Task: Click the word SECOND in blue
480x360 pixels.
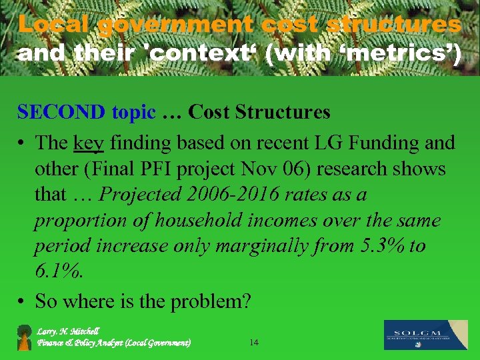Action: coord(61,112)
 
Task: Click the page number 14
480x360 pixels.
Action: coord(253,343)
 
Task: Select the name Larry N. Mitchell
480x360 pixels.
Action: coord(68,331)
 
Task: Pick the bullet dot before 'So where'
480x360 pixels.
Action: coord(22,302)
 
